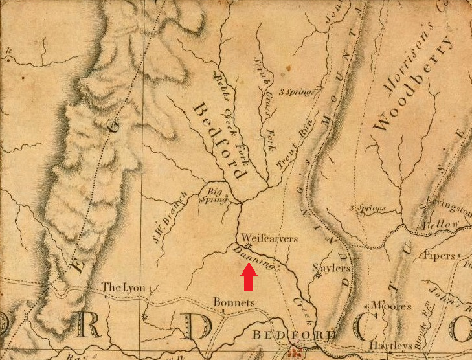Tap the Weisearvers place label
point(271,238)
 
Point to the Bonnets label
point(234,302)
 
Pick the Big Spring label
point(217,195)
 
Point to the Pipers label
point(439,256)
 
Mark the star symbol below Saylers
point(318,276)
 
